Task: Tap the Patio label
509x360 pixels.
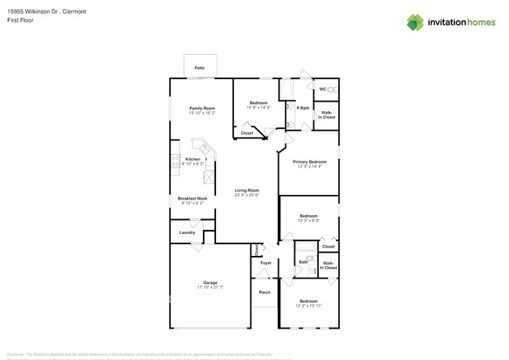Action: [x=200, y=69]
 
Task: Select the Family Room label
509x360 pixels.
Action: [x=202, y=108]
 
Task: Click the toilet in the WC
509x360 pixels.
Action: [x=330, y=90]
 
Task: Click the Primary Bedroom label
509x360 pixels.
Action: [x=309, y=161]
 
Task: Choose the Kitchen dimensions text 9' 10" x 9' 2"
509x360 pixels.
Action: [x=193, y=164]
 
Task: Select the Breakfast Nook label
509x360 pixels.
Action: [x=192, y=199]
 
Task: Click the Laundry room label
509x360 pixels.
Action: [x=187, y=232]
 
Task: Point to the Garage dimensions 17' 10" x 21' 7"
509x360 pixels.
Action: [x=210, y=287]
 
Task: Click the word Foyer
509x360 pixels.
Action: [x=266, y=263]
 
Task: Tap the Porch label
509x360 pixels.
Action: [x=265, y=293]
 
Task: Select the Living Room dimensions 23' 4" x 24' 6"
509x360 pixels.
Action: [x=247, y=195]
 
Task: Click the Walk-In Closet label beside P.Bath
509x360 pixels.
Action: [x=327, y=114]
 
